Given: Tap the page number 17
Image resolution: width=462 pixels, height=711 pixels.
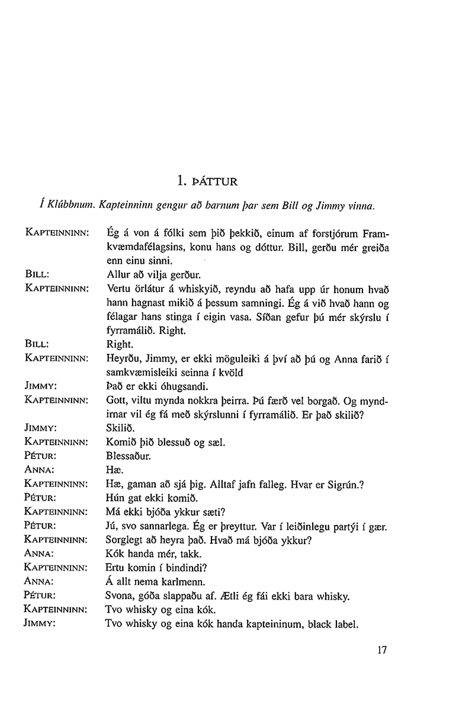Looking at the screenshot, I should click(x=381, y=650).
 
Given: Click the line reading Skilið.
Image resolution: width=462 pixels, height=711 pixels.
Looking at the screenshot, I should click(x=120, y=428).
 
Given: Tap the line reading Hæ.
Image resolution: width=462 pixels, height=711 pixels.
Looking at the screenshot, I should click(x=113, y=470).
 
